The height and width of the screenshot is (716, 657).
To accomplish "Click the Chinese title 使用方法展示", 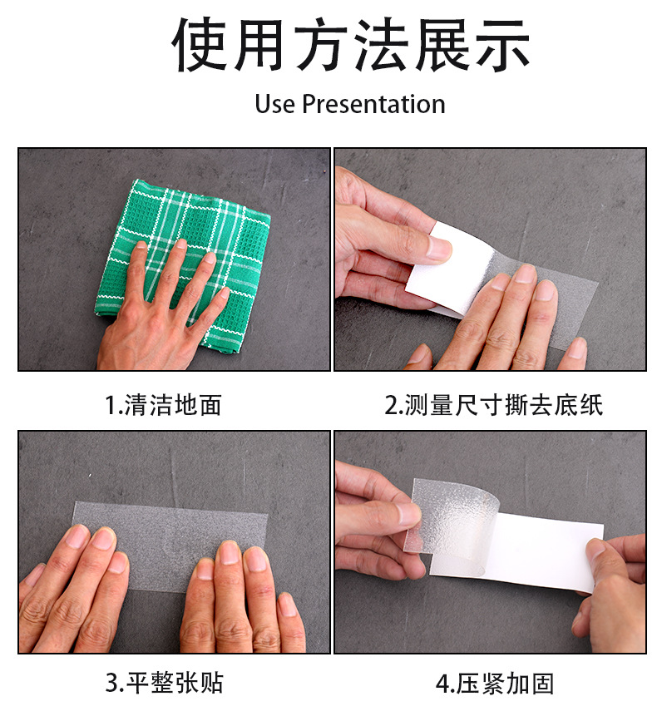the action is tap(351, 44).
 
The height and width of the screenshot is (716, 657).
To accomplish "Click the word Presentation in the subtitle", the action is tap(373, 104).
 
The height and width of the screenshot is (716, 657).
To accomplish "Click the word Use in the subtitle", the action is tap(274, 104).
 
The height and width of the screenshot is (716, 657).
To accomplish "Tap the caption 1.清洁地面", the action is tap(164, 405).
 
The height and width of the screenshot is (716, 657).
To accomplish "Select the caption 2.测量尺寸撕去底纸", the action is tap(493, 405).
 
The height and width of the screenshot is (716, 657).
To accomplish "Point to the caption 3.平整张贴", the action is tap(165, 683).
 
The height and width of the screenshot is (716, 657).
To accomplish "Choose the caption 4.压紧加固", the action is tap(495, 684).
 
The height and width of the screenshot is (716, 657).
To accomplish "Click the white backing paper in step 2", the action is tap(457, 269).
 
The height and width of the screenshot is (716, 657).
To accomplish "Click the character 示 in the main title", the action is tap(502, 45).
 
